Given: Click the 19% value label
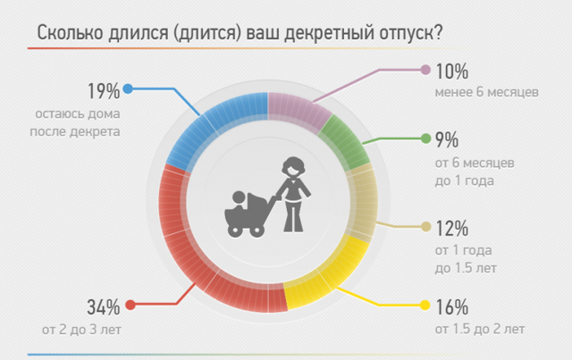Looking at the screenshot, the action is point(104,91).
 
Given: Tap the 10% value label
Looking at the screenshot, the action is point(452,71).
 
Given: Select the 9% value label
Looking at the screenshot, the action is point(447,139).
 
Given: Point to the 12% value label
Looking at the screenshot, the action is point(452,229).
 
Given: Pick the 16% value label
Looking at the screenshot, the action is point(452,307).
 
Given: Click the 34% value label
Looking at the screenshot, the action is point(104,307).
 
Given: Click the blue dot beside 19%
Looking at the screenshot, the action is point(128,88).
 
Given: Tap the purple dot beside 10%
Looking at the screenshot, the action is point(425,70).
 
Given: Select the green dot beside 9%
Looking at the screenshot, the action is point(425,138).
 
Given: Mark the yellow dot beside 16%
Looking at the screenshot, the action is point(425,305).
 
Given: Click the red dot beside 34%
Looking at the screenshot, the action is point(130,305).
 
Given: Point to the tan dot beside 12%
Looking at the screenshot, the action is point(425,227).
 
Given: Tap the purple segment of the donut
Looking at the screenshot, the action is point(298,109).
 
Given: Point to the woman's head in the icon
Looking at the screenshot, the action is point(293,167).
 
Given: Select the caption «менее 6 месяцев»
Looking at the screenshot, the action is point(486,92).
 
